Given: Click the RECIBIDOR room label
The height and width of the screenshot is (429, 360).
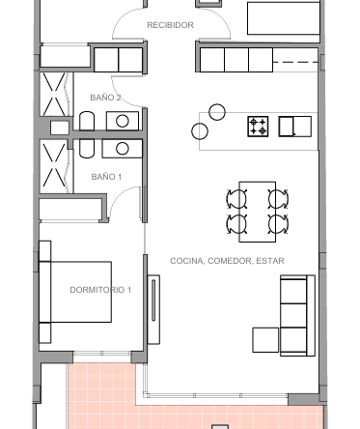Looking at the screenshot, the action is point(170,25).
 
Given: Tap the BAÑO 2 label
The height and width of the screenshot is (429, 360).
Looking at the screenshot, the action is point(105,98).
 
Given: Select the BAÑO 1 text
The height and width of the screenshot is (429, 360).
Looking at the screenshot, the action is point(106,177).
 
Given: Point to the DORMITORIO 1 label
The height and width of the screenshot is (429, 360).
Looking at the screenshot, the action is point(100,290).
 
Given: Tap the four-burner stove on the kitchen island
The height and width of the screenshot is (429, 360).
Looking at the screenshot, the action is point(258,127).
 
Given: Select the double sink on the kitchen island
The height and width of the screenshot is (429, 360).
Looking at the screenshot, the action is point(295,127).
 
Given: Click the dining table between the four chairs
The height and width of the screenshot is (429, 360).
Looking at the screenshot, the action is point(258,212).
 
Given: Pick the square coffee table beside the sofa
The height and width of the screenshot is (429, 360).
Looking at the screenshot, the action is point(265,340).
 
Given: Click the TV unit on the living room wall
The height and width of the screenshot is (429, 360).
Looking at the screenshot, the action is point(153,309).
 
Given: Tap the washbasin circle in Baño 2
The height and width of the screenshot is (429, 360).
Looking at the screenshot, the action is point(123,121).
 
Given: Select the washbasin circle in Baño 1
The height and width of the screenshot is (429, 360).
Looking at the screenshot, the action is point(123,149).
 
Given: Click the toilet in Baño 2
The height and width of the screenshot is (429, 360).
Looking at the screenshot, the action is point(87,121).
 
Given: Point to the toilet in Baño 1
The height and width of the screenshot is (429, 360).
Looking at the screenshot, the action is point(87,149).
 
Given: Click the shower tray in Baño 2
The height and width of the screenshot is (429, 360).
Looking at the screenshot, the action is point(54,95).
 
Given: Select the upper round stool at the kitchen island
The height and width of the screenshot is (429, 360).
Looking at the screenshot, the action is point(217,112).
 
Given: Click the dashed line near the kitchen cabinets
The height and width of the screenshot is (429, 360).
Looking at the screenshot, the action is point(295,62).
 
